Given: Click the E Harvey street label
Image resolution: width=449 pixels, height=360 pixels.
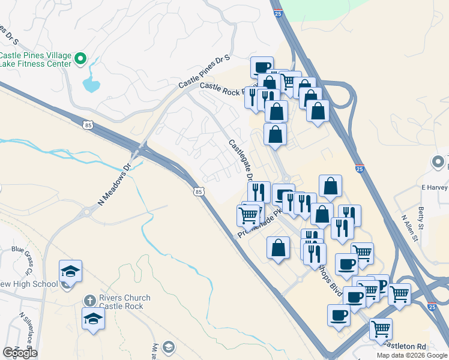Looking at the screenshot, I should pos(434,187).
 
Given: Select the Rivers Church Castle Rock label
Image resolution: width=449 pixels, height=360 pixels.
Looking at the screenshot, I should pos(124,302).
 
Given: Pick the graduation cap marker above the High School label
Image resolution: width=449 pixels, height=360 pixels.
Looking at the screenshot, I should pos(70,271).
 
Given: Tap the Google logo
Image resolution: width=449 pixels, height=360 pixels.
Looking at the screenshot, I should pos(19,353).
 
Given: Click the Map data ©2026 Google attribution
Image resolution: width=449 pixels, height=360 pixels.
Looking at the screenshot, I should pos(412,355).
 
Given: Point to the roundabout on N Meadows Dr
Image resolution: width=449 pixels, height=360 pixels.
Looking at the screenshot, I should pos(88,212).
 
